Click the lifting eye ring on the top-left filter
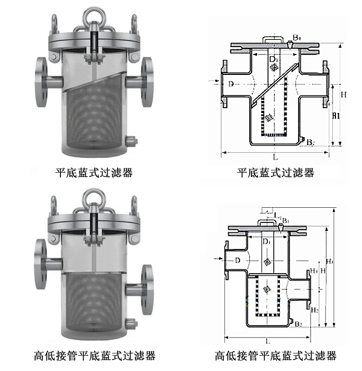(94, 13)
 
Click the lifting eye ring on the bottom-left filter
(94, 198)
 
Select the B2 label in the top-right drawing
(310, 143)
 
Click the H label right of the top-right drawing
(343, 94)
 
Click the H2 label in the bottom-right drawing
(314, 309)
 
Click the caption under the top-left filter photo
(94, 172)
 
